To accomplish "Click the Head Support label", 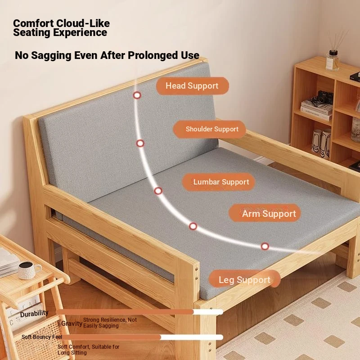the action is (x=193, y=86).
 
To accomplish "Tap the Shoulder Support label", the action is (x=209, y=129).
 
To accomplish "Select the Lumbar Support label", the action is (x=219, y=182).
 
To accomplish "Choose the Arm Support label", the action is (x=265, y=213).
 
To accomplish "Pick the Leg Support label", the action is (x=244, y=279).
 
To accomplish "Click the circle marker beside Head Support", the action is (x=137, y=95).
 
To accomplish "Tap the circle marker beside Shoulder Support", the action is (x=140, y=143).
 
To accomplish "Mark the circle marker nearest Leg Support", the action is (x=265, y=246).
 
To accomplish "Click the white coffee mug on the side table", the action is (x=29, y=270).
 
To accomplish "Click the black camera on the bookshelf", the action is (x=325, y=97).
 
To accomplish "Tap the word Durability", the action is (x=34, y=314).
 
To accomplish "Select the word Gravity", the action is (x=72, y=324).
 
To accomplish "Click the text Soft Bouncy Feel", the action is (x=42, y=337).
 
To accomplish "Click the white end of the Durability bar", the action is (x=208, y=312).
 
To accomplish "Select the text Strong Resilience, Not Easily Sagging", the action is (x=110, y=323).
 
